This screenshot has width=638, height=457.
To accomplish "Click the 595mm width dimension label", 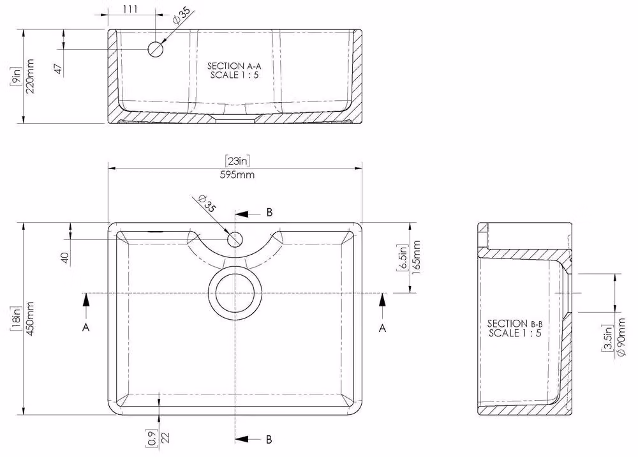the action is pyautogui.click(x=237, y=175).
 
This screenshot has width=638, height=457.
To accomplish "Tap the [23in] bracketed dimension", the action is pyautogui.click(x=237, y=161).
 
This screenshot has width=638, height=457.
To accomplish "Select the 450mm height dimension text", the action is pyautogui.click(x=29, y=319).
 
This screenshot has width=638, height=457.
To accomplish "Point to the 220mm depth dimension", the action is pyautogui.click(x=30, y=76).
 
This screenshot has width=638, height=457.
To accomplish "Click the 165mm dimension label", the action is pyautogui.click(x=416, y=258).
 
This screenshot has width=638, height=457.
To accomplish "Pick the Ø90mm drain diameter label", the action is pyautogui.click(x=621, y=338).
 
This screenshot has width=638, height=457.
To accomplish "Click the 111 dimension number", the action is pyautogui.click(x=130, y=9).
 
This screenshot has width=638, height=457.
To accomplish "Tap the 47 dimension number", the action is pyautogui.click(x=59, y=69).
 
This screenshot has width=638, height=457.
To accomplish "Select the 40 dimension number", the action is pyautogui.click(x=64, y=258).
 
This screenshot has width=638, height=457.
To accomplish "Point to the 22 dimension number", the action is pyautogui.click(x=165, y=437).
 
